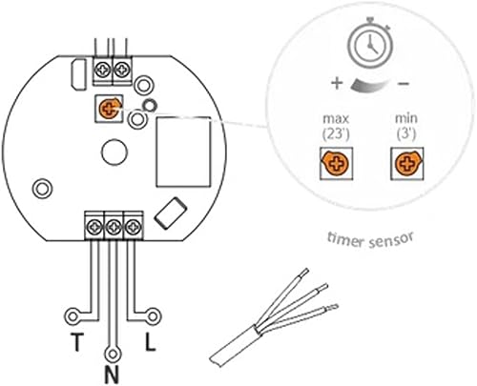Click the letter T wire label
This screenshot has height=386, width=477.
[76, 342]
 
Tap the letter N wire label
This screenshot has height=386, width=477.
[112, 375]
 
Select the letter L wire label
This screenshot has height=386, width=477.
[150, 342]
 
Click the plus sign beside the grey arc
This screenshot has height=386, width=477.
[337, 83]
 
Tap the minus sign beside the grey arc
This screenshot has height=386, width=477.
[404, 84]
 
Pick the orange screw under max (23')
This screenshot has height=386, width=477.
[336, 163]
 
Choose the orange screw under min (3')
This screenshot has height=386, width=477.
[407, 163]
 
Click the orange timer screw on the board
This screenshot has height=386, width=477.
[110, 108]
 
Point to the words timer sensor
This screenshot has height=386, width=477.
[371, 240]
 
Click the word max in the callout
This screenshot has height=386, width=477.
[336, 119]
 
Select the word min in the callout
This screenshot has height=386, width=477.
[406, 118]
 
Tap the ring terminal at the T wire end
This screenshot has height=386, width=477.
[73, 316]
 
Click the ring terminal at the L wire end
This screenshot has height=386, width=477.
[153, 316]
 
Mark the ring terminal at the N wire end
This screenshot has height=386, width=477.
[112, 354]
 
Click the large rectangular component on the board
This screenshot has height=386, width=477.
[183, 152]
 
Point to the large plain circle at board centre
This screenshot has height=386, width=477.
[114, 152]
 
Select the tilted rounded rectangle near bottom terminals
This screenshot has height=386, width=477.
[170, 213]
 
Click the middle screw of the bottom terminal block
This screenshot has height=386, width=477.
[114, 227]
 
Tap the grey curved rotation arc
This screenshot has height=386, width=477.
[370, 85]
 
